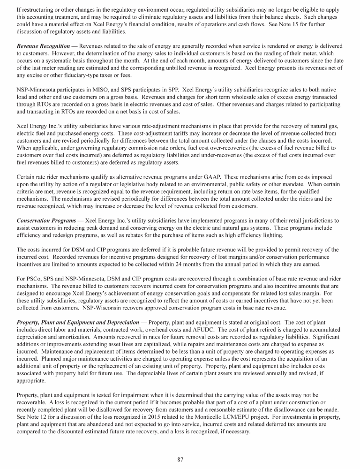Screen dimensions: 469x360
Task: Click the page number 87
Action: point(180,459)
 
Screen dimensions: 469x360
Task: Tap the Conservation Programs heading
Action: point(46,220)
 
